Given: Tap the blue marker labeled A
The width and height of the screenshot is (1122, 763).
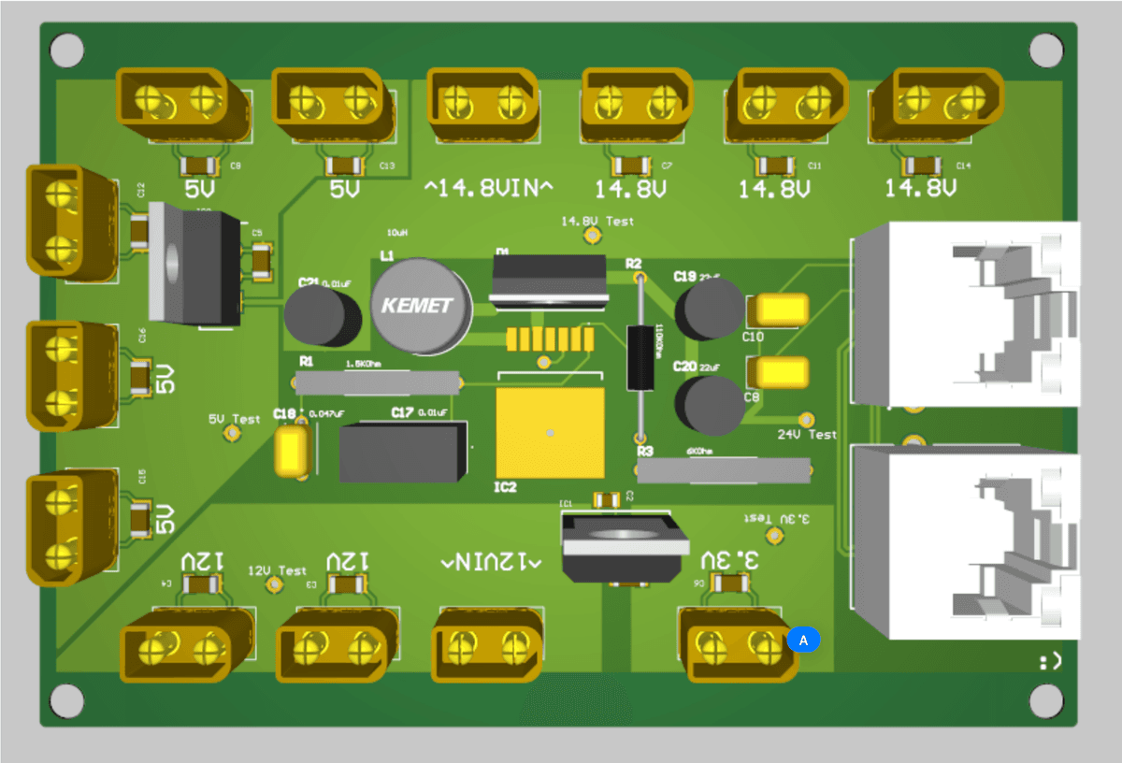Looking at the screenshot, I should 803,640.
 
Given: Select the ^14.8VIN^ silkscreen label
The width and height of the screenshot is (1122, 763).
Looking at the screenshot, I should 488,189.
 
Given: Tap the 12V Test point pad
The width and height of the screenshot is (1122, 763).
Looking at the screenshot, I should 275,584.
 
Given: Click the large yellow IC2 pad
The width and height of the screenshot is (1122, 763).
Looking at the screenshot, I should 550,433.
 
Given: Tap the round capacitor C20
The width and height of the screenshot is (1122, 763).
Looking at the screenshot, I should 709,405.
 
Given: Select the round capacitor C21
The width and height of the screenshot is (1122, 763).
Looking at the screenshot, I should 323,316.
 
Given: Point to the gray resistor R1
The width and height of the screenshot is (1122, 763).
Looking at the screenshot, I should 378,381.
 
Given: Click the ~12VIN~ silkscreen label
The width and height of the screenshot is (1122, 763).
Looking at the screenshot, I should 492,562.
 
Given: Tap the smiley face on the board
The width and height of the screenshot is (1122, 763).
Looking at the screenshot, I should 1049,662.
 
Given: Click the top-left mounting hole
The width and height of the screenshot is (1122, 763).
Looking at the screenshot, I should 67,50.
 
